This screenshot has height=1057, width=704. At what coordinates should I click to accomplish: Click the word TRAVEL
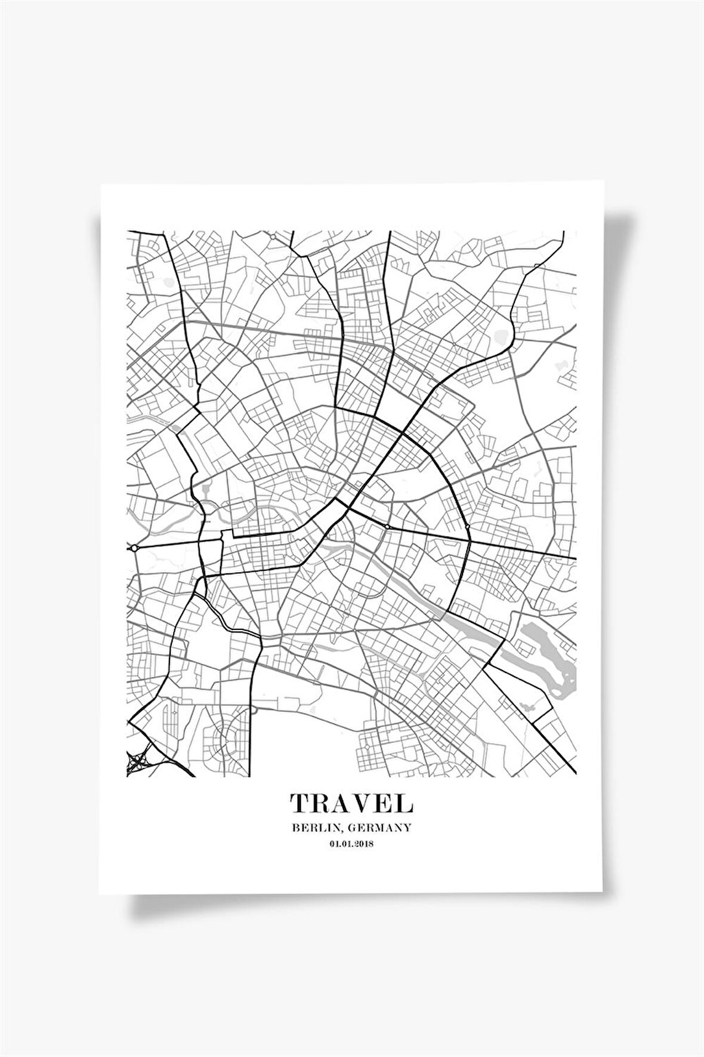tap(351, 803)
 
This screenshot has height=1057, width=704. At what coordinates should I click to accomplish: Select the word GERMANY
tap(382, 828)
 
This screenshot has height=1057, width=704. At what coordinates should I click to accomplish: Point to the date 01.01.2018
tap(351, 844)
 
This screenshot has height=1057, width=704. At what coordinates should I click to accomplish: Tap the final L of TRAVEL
tap(405, 803)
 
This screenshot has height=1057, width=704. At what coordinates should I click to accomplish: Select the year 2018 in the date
tap(364, 844)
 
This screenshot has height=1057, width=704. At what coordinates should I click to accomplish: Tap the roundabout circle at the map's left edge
tap(135, 547)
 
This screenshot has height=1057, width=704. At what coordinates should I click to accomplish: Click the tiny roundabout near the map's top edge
tap(272, 237)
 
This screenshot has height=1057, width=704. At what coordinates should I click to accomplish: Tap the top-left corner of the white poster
tap(101, 185)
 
